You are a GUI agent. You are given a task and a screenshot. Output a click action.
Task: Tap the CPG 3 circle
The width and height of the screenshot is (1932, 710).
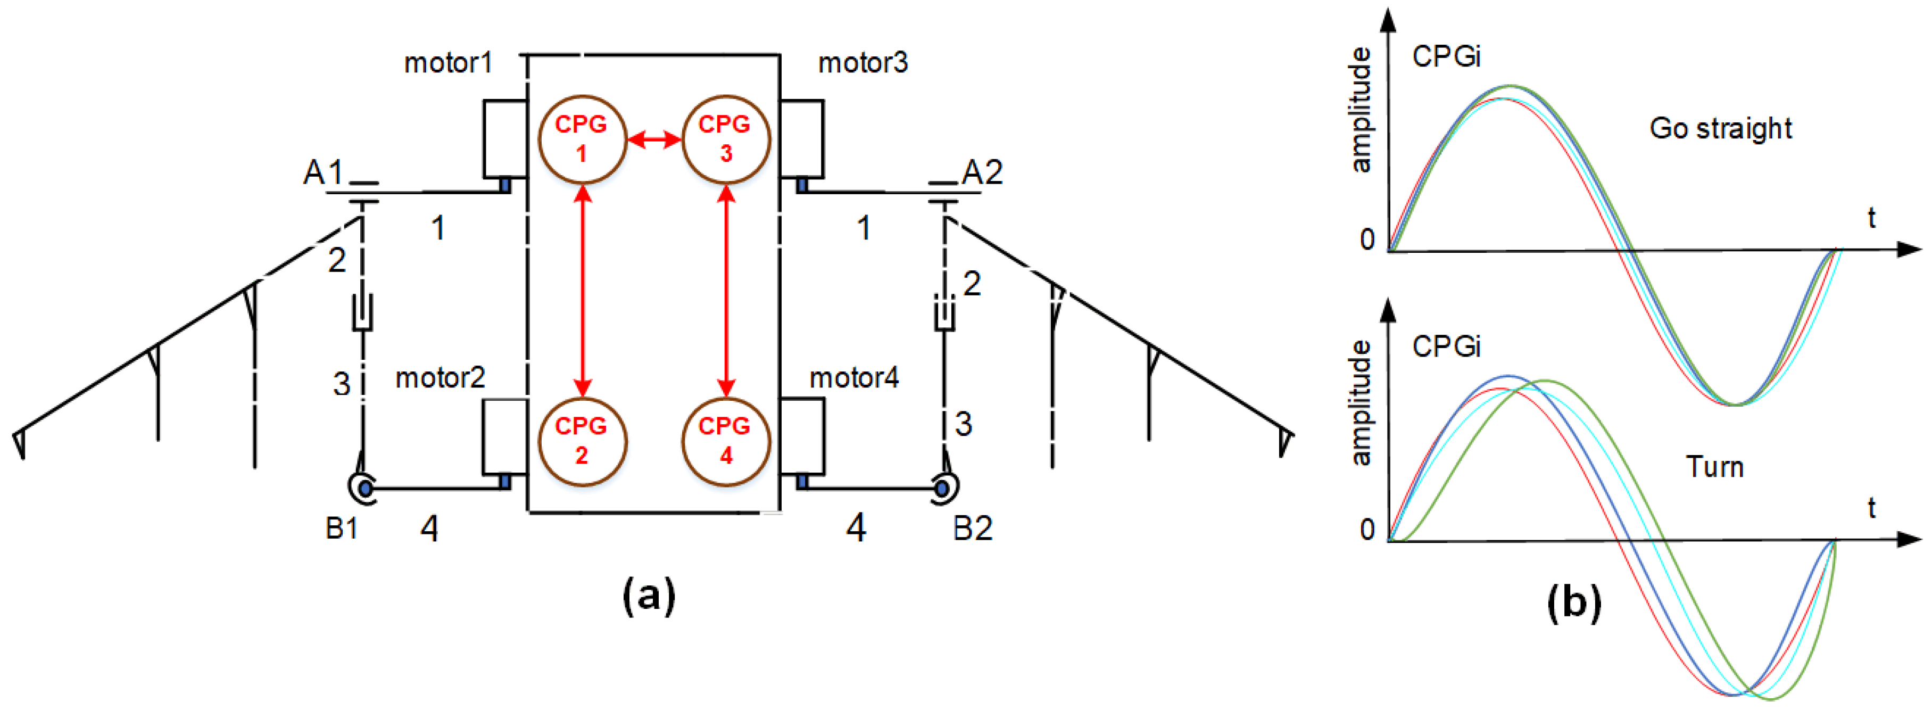tap(725, 139)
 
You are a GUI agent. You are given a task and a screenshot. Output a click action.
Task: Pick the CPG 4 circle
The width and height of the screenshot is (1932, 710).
tap(725, 441)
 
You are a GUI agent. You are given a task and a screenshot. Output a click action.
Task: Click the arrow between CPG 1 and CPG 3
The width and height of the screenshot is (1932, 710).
tap(654, 139)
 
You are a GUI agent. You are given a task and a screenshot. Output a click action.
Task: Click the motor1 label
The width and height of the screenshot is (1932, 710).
tap(448, 63)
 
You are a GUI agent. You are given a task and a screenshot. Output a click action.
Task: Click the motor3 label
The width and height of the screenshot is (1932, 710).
tap(863, 63)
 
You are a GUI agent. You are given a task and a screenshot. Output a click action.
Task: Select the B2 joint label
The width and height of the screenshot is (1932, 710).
tap(973, 529)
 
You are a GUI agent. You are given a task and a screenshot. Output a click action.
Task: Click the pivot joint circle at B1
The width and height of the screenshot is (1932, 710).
tap(364, 489)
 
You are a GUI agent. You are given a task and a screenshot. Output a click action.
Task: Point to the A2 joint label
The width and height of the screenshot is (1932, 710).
tap(982, 172)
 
